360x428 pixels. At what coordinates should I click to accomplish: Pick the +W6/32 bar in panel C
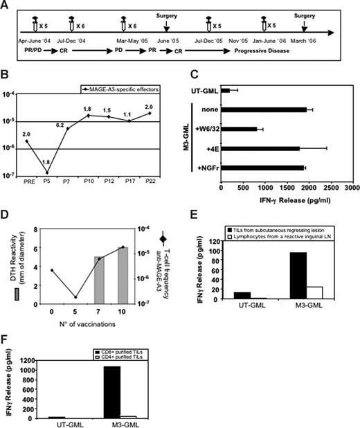point(239,128)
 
